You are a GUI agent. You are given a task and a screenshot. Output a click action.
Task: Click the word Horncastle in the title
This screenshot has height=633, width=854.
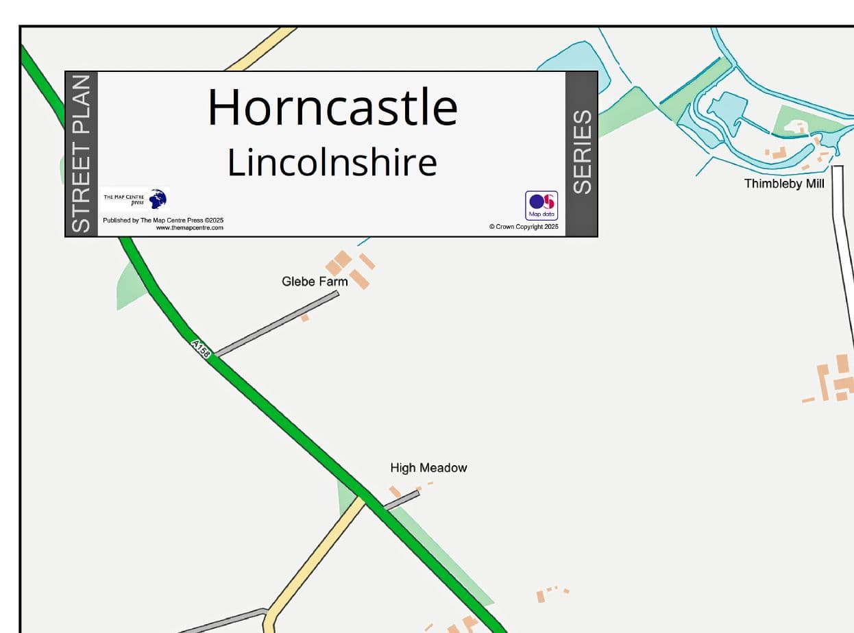pos(332,108)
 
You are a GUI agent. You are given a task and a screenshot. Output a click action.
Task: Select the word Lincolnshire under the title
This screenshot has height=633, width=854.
pos(332,163)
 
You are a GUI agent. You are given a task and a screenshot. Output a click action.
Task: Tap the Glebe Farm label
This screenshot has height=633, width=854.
pos(315,282)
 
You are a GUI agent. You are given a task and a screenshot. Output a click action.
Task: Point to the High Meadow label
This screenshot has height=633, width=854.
pos(428,468)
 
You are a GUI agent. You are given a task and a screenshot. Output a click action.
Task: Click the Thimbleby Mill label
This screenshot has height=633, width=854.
pos(784,184)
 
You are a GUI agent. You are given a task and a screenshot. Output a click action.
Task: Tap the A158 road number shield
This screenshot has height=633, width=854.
pos(201,347)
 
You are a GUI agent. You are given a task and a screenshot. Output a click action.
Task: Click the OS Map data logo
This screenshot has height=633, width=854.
pos(541,205)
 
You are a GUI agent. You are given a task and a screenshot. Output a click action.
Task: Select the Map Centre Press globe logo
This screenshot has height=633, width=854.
pos(158,199)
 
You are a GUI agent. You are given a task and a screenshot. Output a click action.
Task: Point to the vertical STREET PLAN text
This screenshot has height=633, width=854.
pos(81,154)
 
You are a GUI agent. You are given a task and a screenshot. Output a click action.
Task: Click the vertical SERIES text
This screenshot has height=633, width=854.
pos(582,152)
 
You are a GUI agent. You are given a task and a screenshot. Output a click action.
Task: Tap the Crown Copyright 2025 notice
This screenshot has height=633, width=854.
pos(524,227)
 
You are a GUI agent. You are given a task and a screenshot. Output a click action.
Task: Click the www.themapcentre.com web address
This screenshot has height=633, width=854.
pos(189,227)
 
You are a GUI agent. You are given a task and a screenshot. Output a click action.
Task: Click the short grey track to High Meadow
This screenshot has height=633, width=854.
pos(402,500)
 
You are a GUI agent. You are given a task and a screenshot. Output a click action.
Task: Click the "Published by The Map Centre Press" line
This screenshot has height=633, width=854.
pos(163,221)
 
